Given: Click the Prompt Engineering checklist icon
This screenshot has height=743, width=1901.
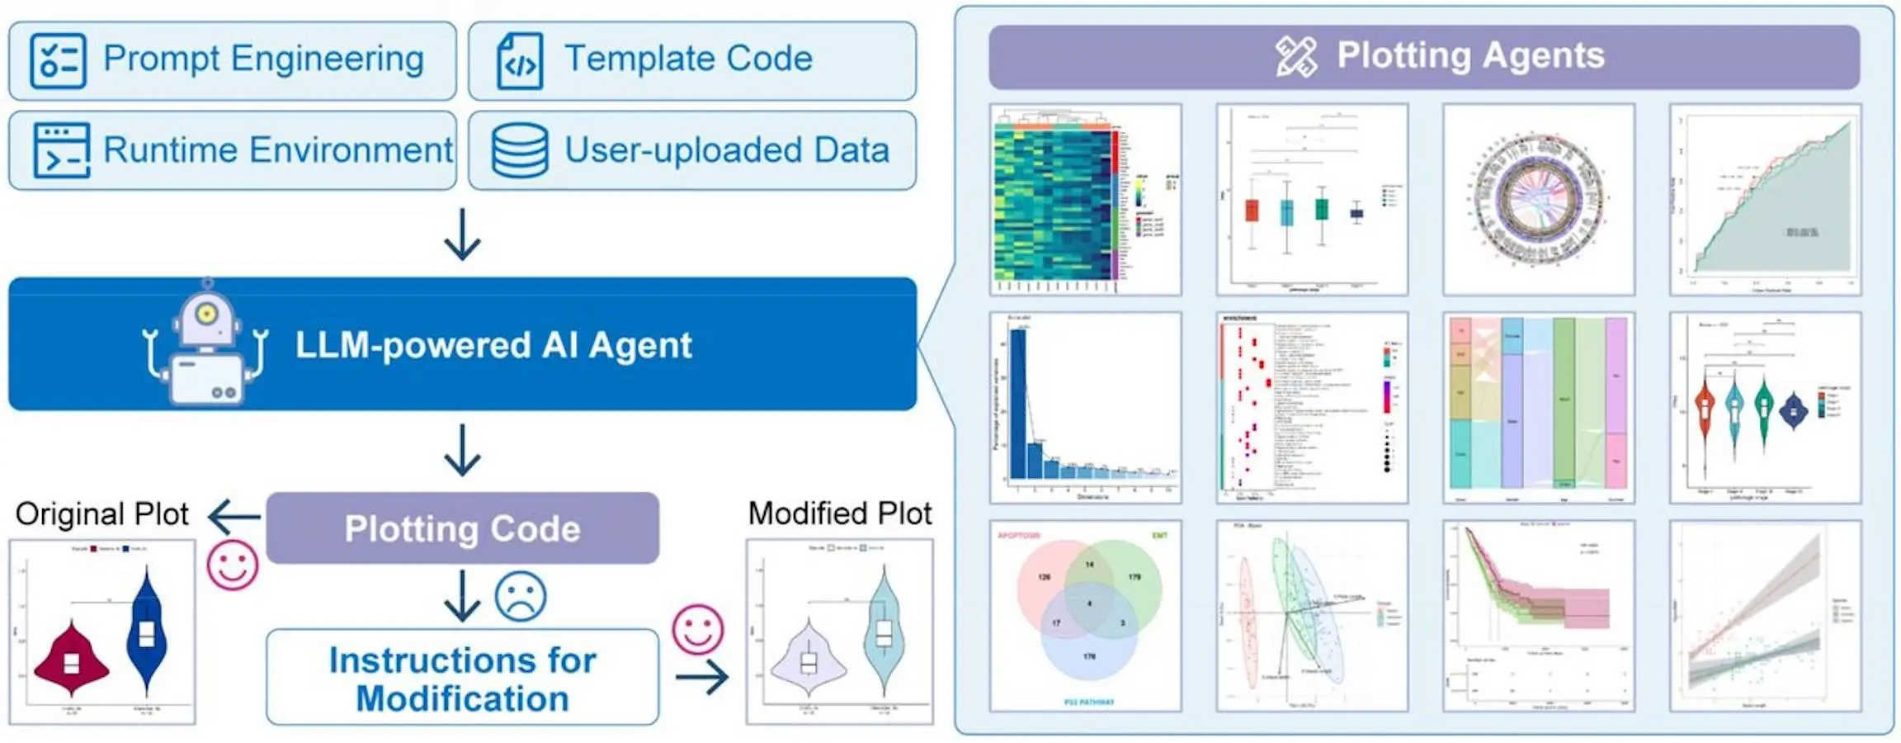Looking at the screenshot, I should point(58,60).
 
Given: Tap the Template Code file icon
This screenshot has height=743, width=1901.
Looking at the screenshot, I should point(520,61).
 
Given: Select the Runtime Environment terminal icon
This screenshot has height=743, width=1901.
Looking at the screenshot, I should point(61,150).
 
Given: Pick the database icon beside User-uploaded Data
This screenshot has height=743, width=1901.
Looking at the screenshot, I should point(520,150).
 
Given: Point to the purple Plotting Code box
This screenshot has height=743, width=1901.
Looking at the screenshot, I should point(462,528).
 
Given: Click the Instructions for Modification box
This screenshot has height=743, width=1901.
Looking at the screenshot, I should point(462,678).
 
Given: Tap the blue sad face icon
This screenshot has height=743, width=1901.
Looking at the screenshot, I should point(521,596).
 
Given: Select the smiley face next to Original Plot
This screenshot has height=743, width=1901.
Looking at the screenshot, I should point(233,566).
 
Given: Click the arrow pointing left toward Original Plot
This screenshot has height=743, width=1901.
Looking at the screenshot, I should point(234,518).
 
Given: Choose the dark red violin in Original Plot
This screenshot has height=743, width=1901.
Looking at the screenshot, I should point(72,656).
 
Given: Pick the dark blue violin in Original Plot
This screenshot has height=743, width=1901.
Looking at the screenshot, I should point(147,632).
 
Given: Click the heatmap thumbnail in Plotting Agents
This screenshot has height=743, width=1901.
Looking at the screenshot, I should point(1085,200).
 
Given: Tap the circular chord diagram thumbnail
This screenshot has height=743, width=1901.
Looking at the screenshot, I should point(1538,200).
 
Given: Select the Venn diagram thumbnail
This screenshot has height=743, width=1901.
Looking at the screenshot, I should point(1085,616).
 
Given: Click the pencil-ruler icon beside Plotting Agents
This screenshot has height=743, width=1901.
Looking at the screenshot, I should point(1296,56).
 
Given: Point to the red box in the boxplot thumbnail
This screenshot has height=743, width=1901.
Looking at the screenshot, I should point(1252,211).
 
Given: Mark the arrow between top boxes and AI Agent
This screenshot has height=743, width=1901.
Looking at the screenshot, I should point(462,234).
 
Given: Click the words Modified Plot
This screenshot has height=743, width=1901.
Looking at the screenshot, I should point(840,513).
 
